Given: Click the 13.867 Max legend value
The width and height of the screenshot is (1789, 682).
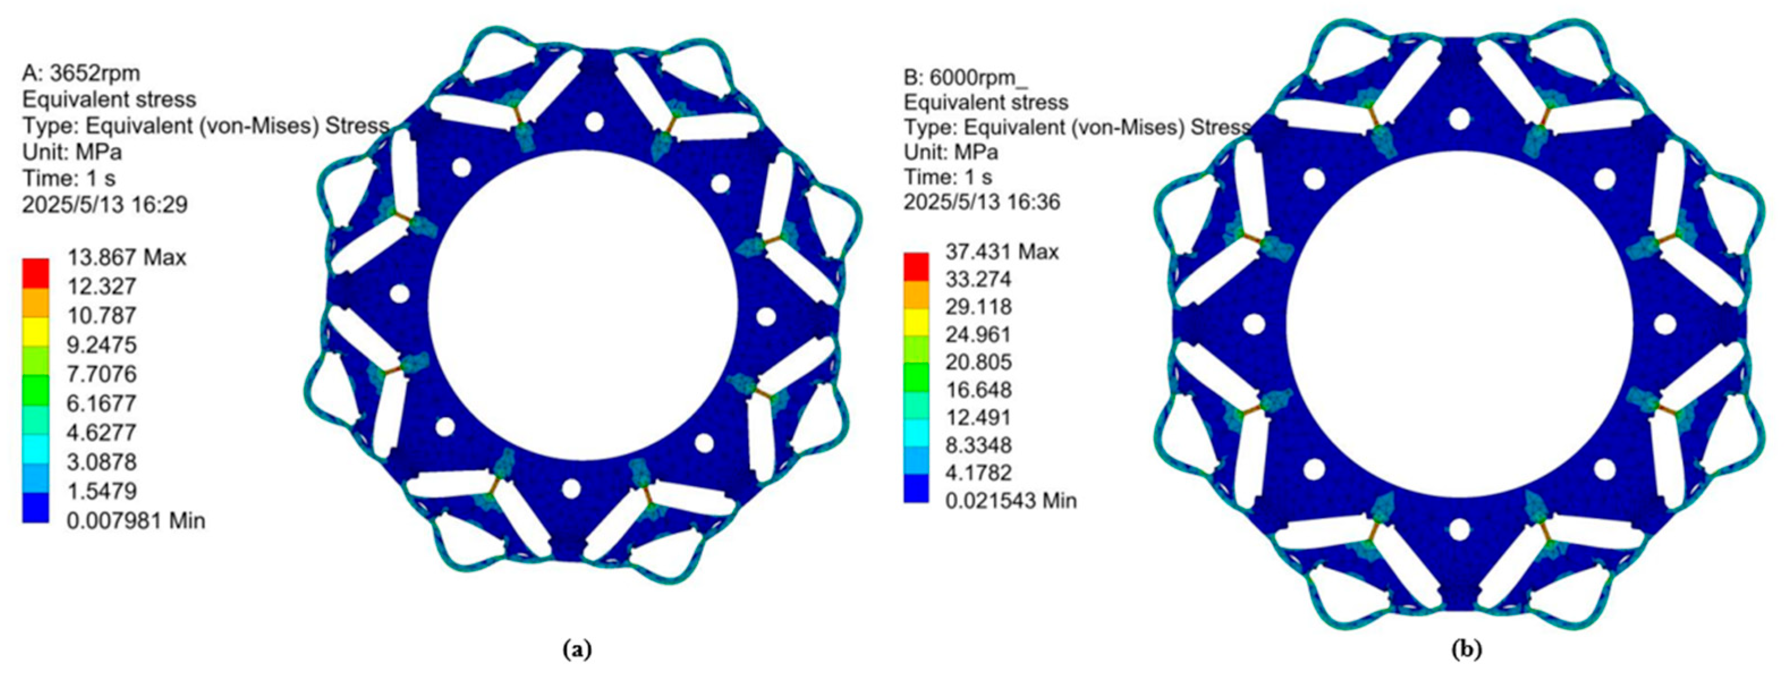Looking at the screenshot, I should click(126, 257).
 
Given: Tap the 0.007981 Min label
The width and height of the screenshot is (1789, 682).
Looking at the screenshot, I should click(136, 520).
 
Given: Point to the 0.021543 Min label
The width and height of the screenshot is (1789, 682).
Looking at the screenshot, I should click(1010, 500).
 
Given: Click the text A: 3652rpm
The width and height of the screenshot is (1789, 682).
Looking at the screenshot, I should click(80, 73).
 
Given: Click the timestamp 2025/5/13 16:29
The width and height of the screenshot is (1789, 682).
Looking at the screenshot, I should click(105, 205).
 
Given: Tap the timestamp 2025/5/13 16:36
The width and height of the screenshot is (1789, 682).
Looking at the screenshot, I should click(981, 202).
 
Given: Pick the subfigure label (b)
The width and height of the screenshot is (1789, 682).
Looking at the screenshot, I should click(1467, 649).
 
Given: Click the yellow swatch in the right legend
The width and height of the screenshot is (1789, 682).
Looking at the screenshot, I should click(916, 321).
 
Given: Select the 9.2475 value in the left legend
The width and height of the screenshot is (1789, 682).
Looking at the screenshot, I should click(102, 345).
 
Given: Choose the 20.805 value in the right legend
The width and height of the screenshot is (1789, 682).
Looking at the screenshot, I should click(978, 362).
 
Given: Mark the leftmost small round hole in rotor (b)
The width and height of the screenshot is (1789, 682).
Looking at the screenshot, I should click(1253, 324).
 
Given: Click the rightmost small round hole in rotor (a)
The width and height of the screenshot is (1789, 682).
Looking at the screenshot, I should click(766, 317).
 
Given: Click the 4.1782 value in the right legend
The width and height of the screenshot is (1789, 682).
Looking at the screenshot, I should click(978, 472).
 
